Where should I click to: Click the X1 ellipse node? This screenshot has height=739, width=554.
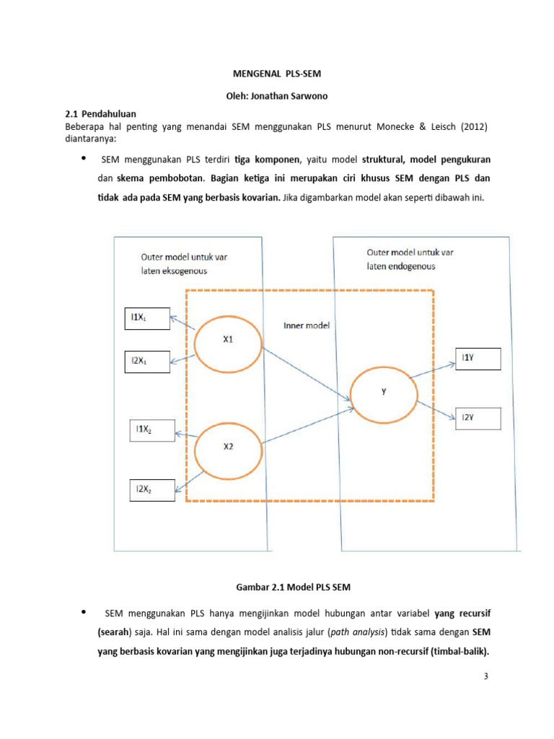point(229,342)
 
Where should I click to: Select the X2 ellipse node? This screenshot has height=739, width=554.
point(229,447)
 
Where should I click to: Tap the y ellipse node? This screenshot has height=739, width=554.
point(383,392)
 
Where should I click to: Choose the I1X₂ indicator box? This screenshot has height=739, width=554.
point(151,431)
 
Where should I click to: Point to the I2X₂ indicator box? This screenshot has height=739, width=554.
point(151,490)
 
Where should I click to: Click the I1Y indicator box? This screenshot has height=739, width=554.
point(476,358)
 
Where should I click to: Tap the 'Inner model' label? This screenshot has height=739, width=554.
point(306,325)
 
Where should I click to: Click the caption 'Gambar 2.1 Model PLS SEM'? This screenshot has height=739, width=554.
point(277,588)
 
